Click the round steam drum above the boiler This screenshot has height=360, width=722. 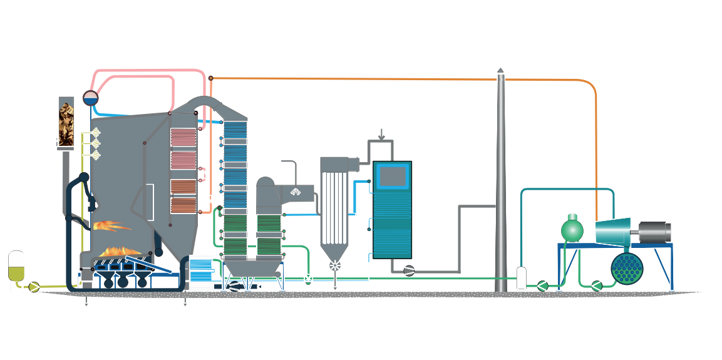[91, 98]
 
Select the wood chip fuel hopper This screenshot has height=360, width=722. [67, 123]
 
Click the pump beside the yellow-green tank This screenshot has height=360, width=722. [34, 287]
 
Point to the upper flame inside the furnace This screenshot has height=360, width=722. [111, 225]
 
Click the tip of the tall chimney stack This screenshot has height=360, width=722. [500, 71]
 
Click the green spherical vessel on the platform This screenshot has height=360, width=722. [572, 230]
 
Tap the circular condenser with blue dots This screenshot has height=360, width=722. [628, 269]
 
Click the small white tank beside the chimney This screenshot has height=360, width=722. [521, 277]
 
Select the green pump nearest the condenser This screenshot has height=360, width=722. [597, 286]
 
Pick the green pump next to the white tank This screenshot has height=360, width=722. [542, 286]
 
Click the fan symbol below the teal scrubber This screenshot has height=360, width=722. [409, 270]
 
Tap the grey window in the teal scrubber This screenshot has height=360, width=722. [392, 177]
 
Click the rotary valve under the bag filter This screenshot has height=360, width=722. [336, 265]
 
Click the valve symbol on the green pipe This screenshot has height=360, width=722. [308, 279]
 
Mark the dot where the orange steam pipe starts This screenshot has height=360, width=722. [211, 78]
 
